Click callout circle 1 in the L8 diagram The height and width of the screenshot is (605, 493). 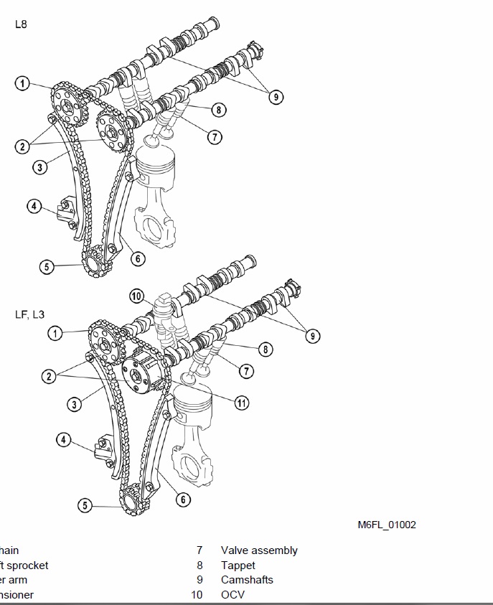coord(23,84)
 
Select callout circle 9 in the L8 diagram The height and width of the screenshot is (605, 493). coord(276,97)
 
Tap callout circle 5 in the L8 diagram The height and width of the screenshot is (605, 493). coord(47,267)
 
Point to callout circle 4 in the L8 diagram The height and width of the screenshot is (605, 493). coord(34,207)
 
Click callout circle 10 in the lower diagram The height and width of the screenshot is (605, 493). coord(137,296)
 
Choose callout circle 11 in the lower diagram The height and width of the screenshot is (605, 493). coord(242,403)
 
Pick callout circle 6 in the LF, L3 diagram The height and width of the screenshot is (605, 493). coord(183,499)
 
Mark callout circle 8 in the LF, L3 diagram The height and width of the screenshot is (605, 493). coord(266,350)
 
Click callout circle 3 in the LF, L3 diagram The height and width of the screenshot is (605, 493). coord(74,404)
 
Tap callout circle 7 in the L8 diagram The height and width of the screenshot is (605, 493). coord(214,136)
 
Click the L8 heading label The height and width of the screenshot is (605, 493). coord(22,24)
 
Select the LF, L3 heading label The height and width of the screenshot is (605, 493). coord(30,314)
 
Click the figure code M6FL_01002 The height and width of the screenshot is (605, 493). coord(387,525)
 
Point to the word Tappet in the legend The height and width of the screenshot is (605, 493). coord(238,566)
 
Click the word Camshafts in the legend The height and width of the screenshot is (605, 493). coord(247,580)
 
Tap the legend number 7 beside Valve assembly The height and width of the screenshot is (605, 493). coord(199,550)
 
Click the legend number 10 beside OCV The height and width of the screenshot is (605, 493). coord(197,594)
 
